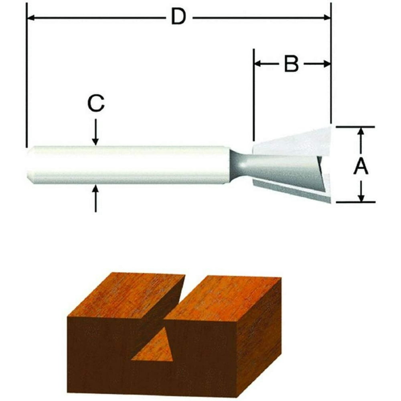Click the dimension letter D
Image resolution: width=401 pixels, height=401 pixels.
coord(178,18)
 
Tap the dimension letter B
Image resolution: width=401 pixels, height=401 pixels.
coord(292,64)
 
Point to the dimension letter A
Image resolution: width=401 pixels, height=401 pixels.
coord(361,166)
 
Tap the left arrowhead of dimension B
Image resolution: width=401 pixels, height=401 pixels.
coord(258,64)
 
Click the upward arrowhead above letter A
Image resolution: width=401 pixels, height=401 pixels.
coord(361,132)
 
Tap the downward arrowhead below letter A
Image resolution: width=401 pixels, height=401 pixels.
coord(361,198)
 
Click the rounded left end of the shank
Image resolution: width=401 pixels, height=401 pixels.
coord(29,165)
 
